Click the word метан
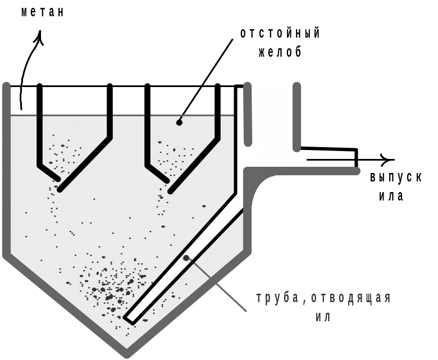42,12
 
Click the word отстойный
280,33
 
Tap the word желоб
280,52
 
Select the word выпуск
395,177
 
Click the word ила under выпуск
391,197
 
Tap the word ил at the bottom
322,316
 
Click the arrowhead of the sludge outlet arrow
387,160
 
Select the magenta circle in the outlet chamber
250,151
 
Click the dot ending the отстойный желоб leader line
179,121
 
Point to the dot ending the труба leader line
186,258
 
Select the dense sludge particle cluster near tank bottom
112,284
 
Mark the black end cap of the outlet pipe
356,158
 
